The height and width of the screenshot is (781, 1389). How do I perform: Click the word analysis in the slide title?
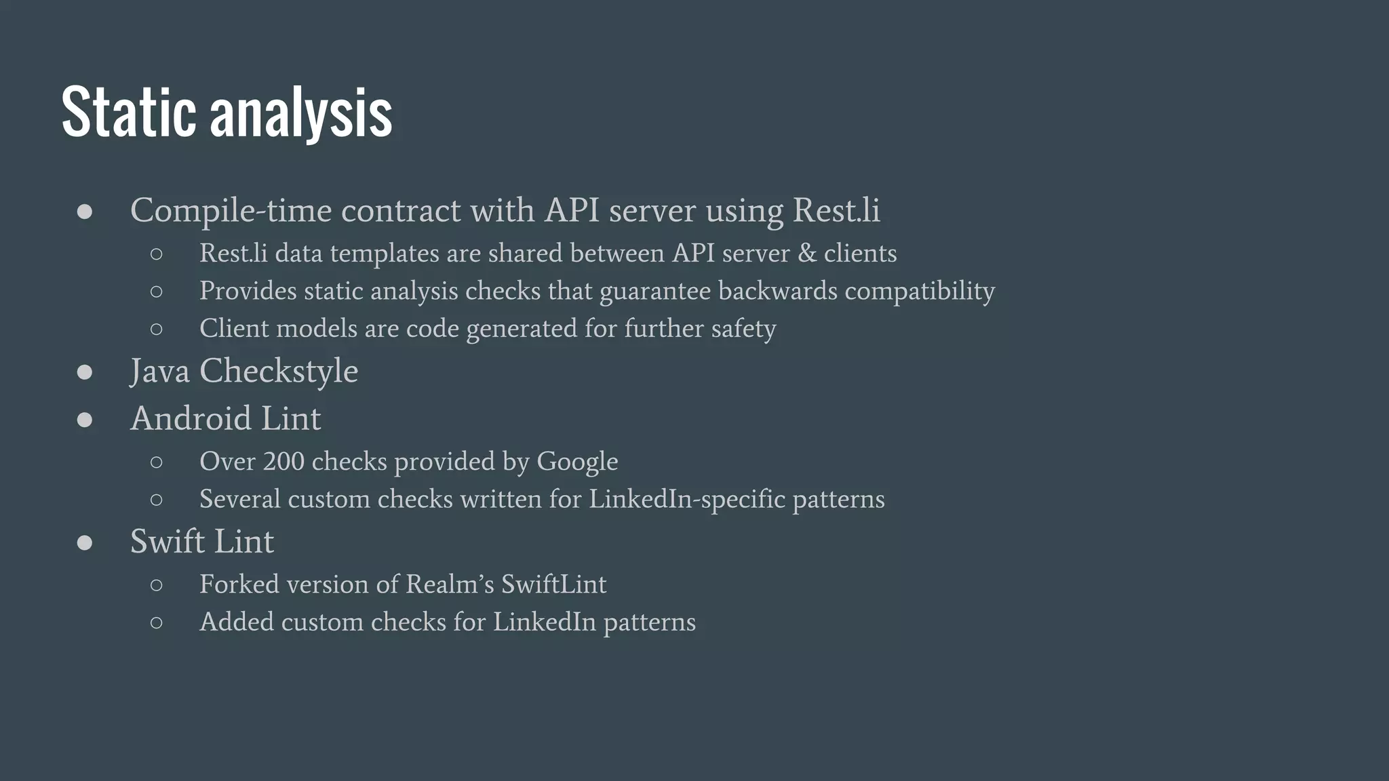click(301, 114)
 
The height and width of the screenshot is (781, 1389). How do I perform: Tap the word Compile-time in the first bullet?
click(231, 211)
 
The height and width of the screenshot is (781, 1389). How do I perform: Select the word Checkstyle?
click(279, 372)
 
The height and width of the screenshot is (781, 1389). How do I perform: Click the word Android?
click(191, 418)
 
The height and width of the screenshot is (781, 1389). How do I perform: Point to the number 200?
click(283, 462)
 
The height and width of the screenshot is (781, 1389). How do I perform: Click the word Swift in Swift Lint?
click(168, 542)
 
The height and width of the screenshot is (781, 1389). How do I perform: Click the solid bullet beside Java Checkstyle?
click(85, 372)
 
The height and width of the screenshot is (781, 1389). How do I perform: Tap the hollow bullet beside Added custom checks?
click(157, 622)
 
